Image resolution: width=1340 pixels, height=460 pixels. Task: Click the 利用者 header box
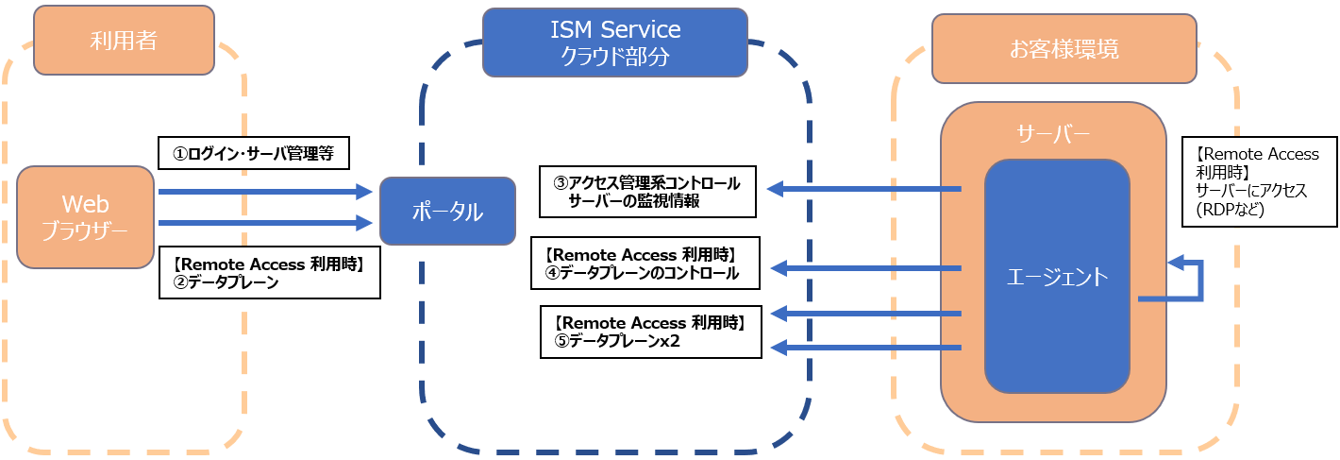tap(124, 40)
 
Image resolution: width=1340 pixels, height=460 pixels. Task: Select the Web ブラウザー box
tap(85, 217)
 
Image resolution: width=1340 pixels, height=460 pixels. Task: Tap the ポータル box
tap(447, 211)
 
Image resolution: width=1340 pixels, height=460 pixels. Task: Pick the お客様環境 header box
tap(1064, 48)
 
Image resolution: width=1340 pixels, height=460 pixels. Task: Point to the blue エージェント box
tap(1057, 277)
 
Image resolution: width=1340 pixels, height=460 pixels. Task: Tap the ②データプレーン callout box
tap(270, 273)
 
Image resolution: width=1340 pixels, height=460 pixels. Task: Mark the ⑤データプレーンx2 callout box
tap(650, 332)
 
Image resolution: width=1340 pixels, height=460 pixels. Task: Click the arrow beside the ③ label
tap(863, 190)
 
